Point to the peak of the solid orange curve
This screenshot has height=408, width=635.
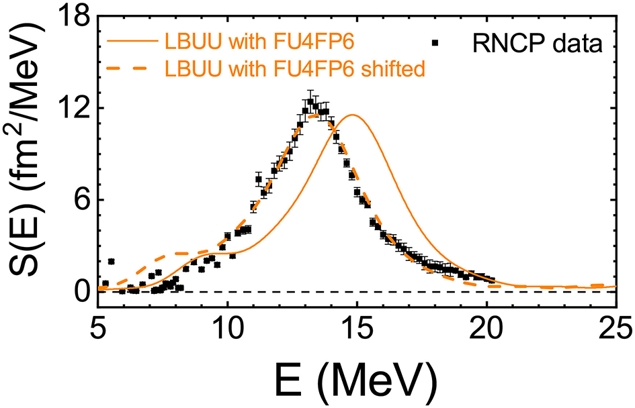(x=352, y=115)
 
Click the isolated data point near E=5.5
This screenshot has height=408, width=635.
(x=111, y=261)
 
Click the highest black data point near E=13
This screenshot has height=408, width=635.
(x=310, y=102)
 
